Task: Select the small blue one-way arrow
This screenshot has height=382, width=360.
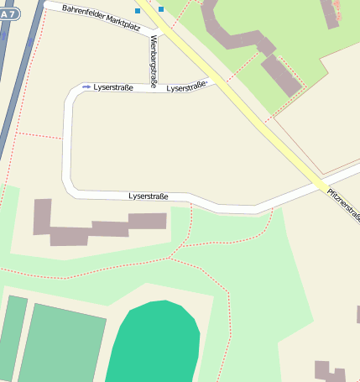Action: (86, 86)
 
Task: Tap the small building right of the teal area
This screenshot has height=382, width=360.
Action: (329, 371)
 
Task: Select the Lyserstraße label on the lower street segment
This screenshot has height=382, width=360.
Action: (149, 196)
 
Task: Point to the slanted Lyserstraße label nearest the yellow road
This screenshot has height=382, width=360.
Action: (186, 86)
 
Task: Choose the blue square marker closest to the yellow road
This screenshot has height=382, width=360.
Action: (160, 9)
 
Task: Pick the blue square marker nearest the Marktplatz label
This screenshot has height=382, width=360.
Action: (138, 12)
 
